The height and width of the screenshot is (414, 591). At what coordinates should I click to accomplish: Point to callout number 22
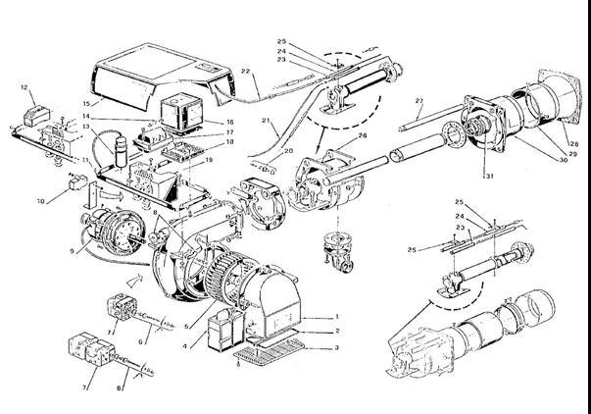coord(246,72)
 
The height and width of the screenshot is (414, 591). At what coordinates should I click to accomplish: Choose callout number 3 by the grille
coord(336,347)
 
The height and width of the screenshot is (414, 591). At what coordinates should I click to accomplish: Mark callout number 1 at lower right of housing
coord(336,317)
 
